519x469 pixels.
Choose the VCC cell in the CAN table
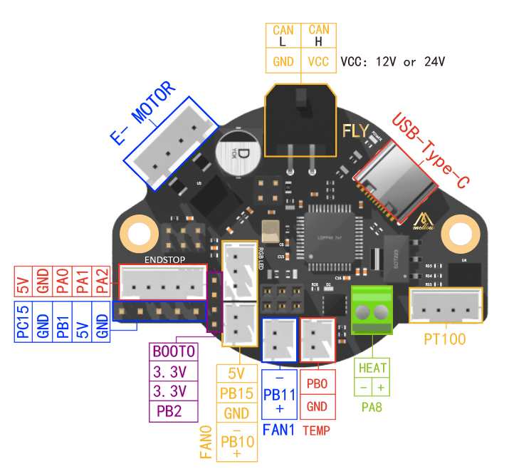pyautogui.click(x=319, y=62)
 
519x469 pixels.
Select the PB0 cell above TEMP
pyautogui.click(x=317, y=383)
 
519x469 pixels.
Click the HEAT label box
pyautogui.click(x=373, y=368)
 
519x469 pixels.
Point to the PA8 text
pyautogui.click(x=373, y=408)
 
